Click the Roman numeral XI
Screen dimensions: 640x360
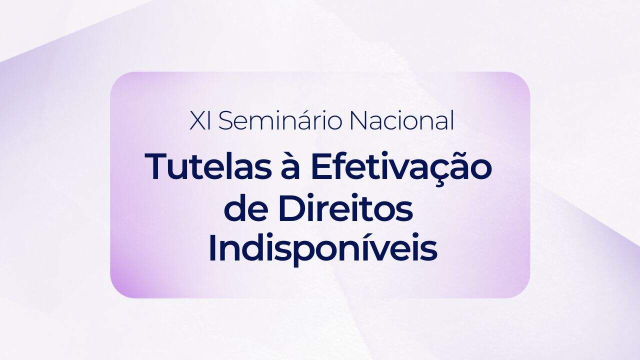(x=200, y=120)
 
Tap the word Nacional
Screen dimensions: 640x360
(x=402, y=119)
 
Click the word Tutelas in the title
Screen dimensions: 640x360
(x=208, y=166)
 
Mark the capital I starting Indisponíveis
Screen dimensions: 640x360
(x=213, y=248)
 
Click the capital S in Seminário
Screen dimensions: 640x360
(x=226, y=120)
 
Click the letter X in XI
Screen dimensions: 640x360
(x=197, y=120)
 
